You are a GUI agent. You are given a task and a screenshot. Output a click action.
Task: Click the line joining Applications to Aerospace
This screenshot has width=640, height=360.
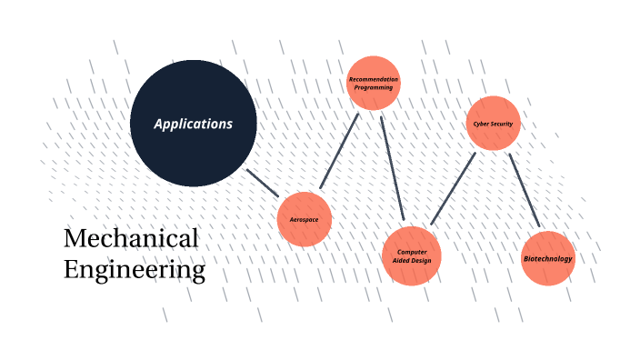[x=264, y=183]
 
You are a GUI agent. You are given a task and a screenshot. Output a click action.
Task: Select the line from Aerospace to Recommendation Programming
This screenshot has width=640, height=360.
[x=340, y=153]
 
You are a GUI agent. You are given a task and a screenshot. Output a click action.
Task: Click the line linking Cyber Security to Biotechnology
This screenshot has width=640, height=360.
[x=525, y=190]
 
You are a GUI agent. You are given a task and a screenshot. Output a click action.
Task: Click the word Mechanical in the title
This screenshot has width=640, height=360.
[x=131, y=239]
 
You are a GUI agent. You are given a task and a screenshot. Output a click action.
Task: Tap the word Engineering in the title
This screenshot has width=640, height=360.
[x=135, y=270]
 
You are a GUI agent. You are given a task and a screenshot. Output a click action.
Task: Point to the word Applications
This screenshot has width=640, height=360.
[x=194, y=124]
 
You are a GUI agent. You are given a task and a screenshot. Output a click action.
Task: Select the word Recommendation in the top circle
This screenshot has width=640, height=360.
[x=374, y=80]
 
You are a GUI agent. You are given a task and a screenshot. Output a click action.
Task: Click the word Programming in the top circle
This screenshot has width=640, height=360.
[x=374, y=87]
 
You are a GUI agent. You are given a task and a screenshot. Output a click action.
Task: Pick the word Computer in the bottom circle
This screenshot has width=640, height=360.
[x=412, y=252]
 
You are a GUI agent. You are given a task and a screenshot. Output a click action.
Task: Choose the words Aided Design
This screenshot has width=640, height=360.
[x=412, y=261]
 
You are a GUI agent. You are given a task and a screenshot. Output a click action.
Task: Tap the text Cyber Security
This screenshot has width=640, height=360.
[x=494, y=124]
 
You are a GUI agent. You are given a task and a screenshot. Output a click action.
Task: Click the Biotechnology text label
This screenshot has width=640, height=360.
[x=548, y=259]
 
